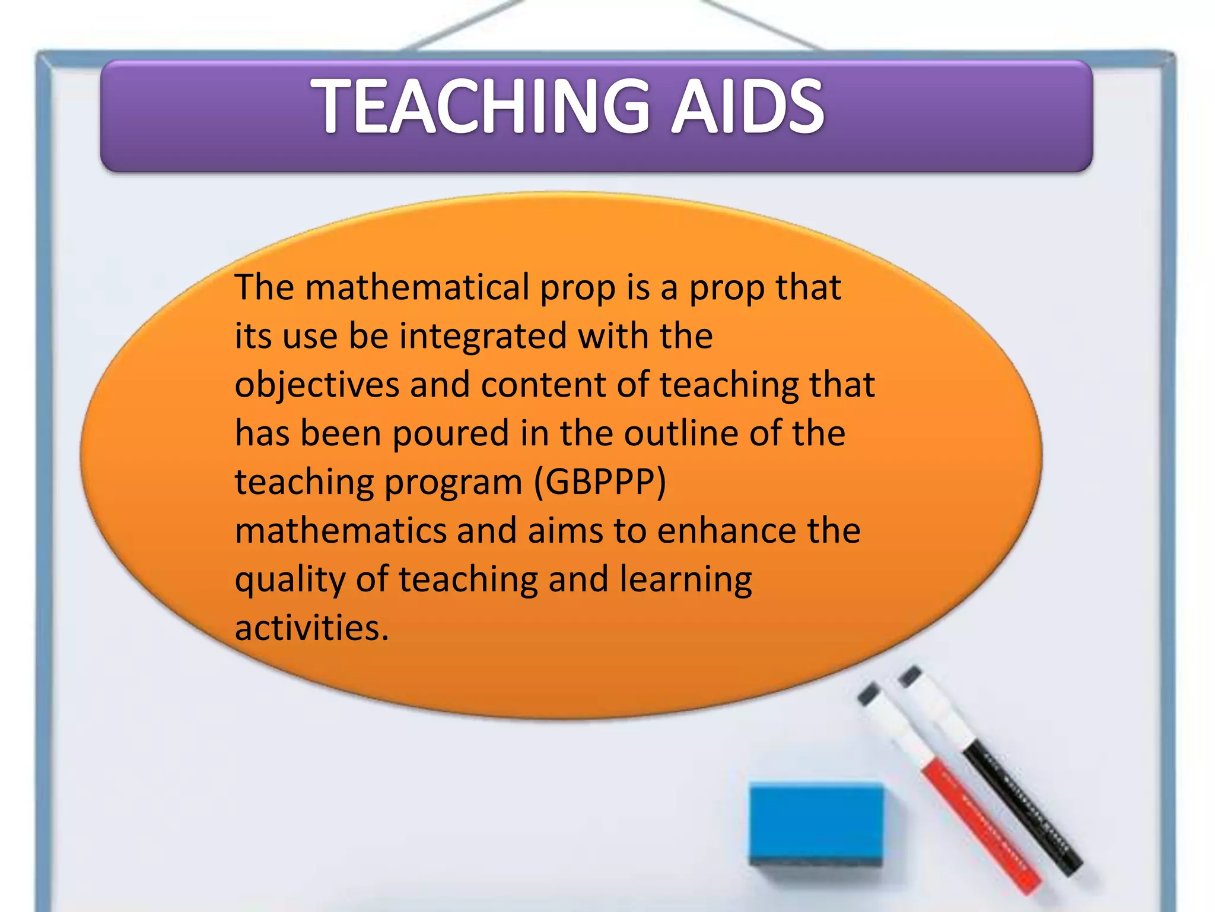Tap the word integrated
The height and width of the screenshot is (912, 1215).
click(x=484, y=336)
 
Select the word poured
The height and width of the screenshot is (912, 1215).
click(x=450, y=433)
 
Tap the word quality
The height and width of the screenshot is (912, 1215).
click(x=290, y=579)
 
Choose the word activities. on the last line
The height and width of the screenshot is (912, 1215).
click(x=311, y=628)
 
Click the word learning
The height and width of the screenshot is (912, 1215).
click(x=686, y=579)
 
